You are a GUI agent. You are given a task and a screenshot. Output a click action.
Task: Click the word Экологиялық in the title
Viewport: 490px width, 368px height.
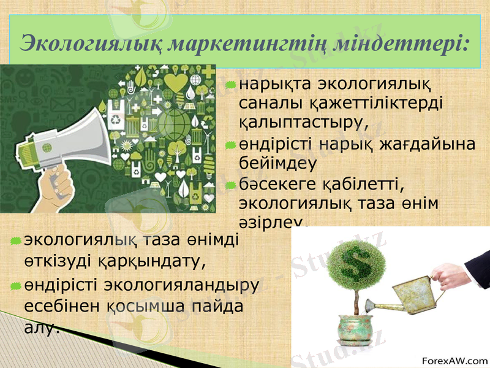pyautogui.click(x=91, y=44)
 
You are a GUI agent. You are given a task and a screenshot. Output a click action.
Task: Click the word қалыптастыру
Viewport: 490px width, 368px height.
pyautogui.click(x=303, y=118)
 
